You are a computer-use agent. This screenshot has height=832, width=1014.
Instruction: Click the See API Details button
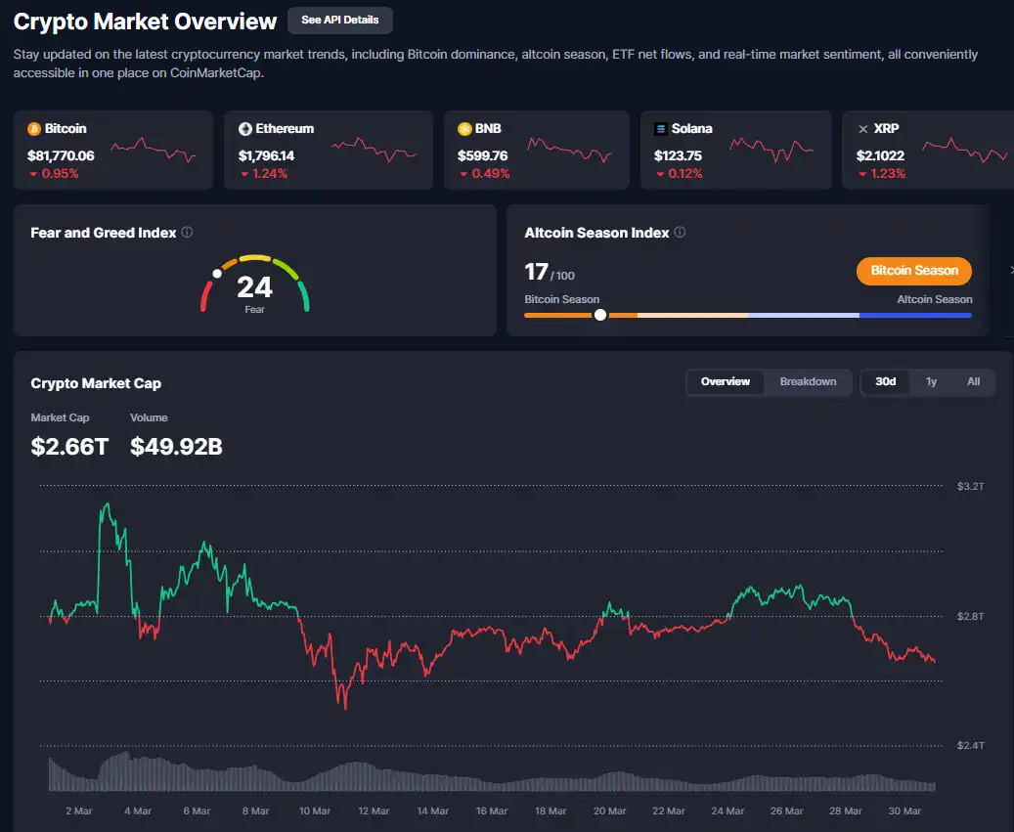pos(339,20)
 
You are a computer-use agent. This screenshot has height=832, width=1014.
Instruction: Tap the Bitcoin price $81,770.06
pos(61,155)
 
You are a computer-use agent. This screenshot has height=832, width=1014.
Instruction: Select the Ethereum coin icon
pos(245,129)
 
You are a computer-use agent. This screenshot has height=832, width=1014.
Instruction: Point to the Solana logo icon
pos(661,129)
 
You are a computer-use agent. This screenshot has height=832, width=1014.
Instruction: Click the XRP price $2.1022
pos(880,155)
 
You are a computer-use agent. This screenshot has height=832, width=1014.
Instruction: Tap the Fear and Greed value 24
pos(254,286)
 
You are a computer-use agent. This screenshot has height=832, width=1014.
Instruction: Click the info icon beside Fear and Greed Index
pos(187,233)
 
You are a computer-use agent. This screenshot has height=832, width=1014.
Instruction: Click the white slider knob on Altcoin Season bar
pos(599,315)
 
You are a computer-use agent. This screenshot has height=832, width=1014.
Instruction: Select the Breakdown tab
pos(808,381)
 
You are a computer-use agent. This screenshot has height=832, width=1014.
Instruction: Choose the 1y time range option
pos(931,381)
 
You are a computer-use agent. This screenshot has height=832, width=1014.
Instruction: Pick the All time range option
pos(973,381)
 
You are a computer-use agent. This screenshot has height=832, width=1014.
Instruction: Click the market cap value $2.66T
pos(69,447)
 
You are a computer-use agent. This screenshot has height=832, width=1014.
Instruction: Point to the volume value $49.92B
pos(176,447)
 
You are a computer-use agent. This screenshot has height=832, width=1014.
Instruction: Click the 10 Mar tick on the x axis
pos(314,810)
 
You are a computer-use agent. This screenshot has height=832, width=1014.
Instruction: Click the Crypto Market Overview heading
pos(146,21)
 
